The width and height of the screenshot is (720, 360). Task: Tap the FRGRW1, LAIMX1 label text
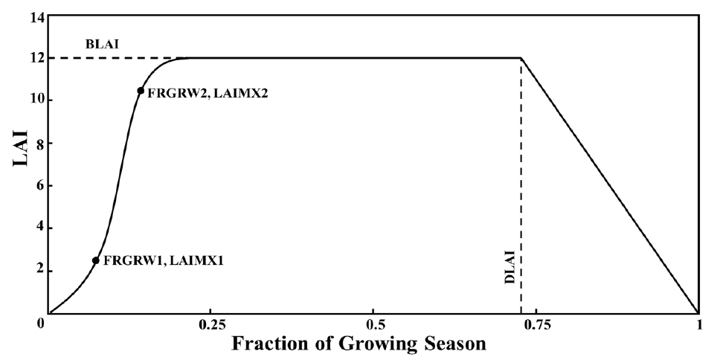[163, 261]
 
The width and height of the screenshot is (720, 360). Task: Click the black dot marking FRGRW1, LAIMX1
[96, 260]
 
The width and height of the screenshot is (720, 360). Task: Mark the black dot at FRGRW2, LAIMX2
[141, 91]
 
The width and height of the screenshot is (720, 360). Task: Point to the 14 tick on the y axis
[35, 15]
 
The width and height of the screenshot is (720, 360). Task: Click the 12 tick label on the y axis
[35, 58]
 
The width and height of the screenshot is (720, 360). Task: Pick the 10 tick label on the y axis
[35, 100]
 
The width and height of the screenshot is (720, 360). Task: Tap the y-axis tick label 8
[38, 143]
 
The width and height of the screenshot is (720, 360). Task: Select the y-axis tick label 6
[38, 186]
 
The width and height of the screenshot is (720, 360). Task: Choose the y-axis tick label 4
[38, 228]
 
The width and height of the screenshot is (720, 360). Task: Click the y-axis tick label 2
[38, 271]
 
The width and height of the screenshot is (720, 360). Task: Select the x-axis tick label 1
[698, 325]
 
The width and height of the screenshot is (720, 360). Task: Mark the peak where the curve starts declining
[521, 58]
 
